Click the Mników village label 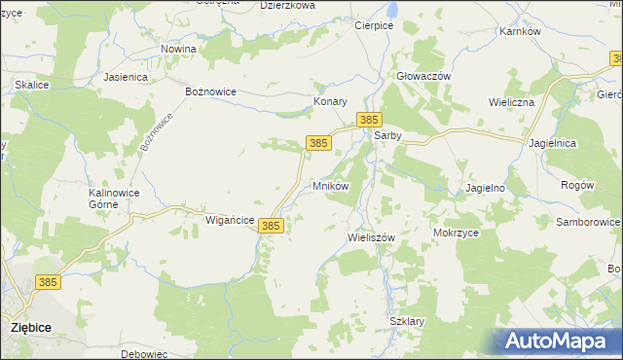point(330,185)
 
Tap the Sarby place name point(388,137)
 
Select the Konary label point(330,101)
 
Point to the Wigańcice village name point(230,221)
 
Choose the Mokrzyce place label point(456,234)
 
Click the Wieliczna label point(513,101)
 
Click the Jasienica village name point(125,76)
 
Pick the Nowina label point(179,49)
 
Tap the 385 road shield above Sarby point(367,119)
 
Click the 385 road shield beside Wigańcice point(272,226)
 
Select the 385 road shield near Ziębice point(48,282)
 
